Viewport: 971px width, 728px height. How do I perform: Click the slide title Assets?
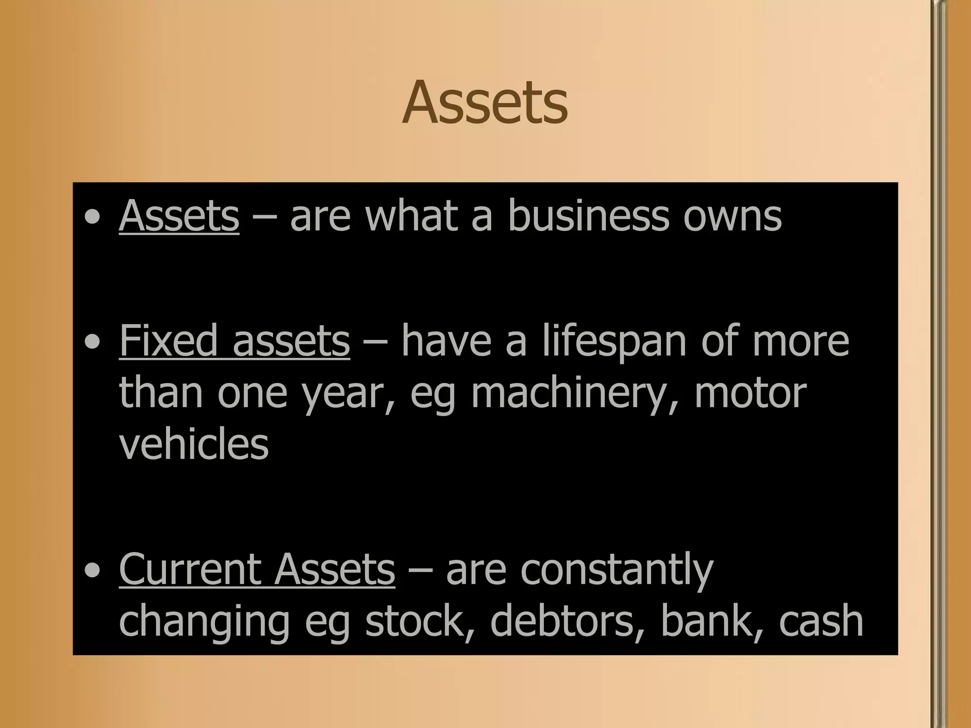pos(485,103)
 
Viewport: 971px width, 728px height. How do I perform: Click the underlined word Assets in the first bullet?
pos(179,216)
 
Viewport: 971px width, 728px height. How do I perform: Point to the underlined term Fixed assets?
pos(234,340)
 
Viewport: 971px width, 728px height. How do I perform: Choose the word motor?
pos(750,393)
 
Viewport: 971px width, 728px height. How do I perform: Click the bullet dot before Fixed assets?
pos(92,342)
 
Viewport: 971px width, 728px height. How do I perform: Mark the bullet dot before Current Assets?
pos(92,571)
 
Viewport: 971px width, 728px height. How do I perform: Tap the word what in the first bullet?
pos(411,216)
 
